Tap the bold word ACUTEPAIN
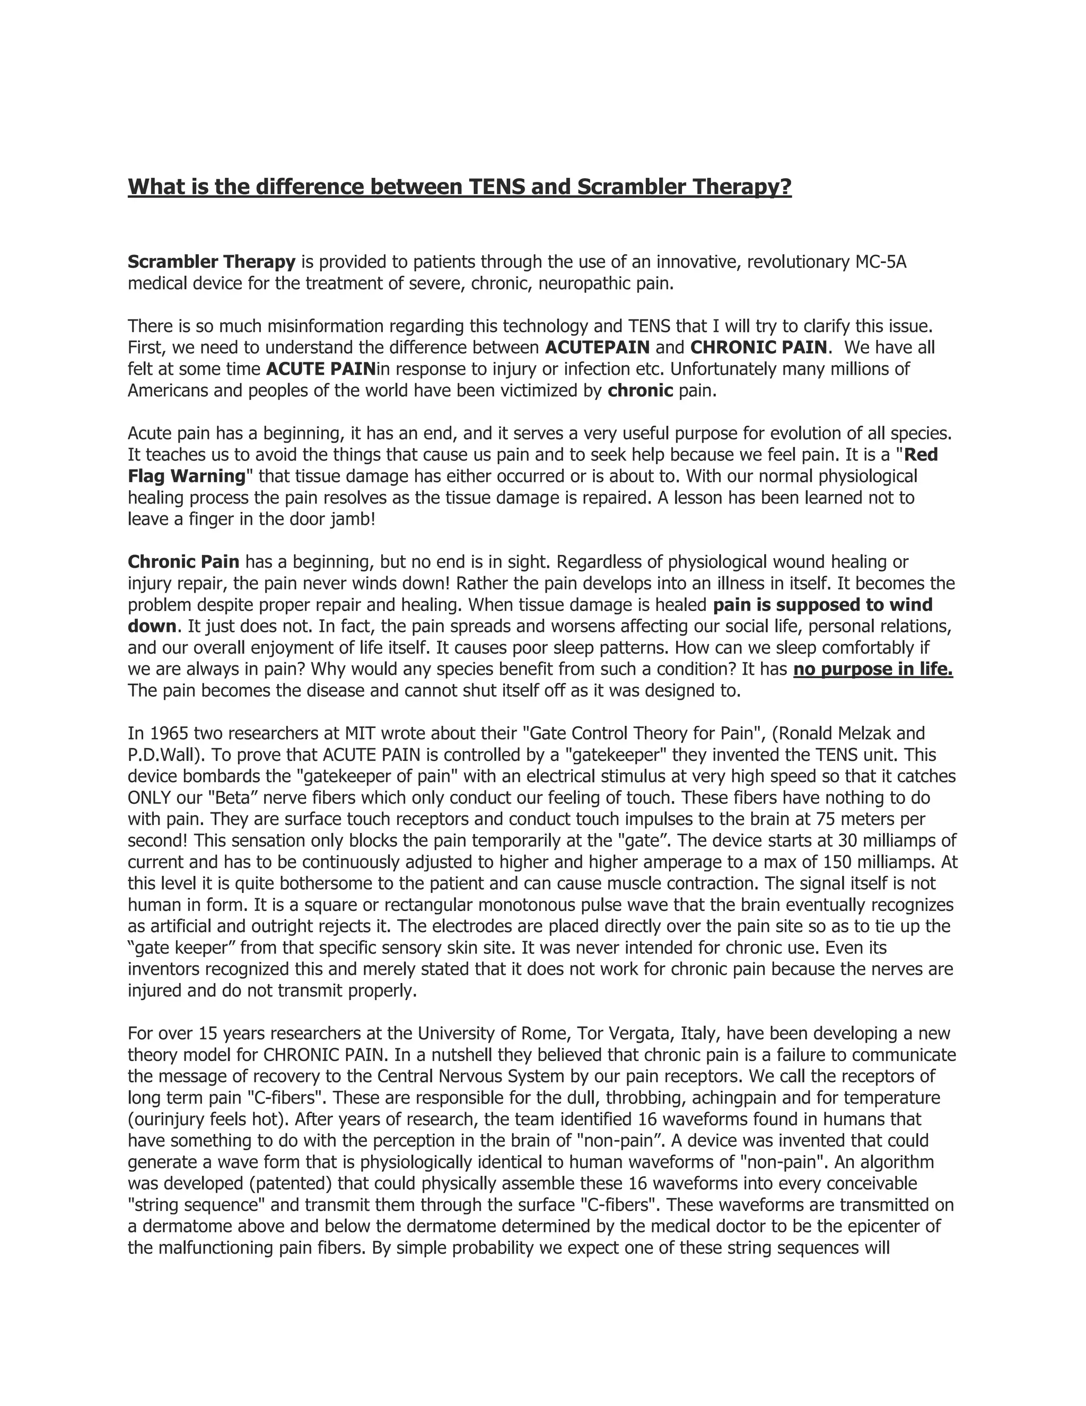[x=597, y=348]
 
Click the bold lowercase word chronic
[x=640, y=391]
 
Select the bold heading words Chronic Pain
[x=183, y=562]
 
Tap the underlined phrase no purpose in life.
[x=872, y=670]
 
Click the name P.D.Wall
[x=163, y=754]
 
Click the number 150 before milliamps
[x=856, y=862]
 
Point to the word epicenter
[x=884, y=1226]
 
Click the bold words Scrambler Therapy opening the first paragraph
[x=211, y=262]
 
